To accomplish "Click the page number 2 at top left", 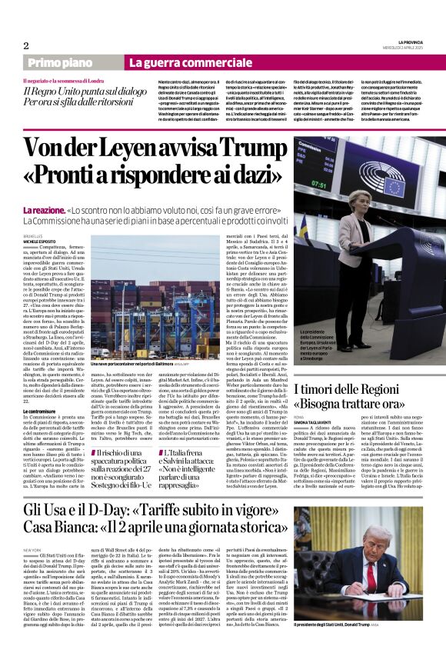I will point(25,45).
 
